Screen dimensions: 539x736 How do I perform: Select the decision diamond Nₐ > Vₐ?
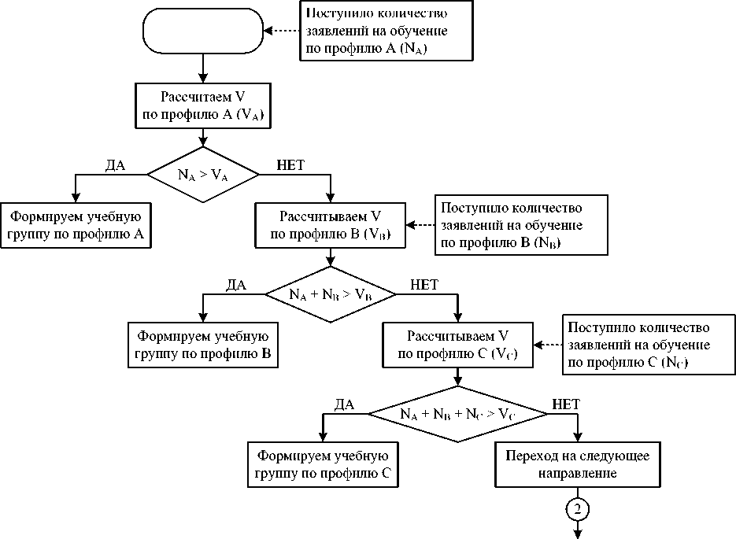[204, 175]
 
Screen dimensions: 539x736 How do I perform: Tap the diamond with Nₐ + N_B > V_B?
[330, 294]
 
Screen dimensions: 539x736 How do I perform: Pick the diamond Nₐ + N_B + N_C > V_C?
[458, 413]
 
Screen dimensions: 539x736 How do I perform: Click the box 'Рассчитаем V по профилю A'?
[204, 105]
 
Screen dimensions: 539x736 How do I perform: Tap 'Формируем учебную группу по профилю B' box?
[203, 344]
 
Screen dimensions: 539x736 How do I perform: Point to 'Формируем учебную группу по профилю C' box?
[323, 464]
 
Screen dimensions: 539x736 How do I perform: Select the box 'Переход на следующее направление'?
[578, 464]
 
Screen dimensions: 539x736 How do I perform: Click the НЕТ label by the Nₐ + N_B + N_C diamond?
[566, 404]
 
